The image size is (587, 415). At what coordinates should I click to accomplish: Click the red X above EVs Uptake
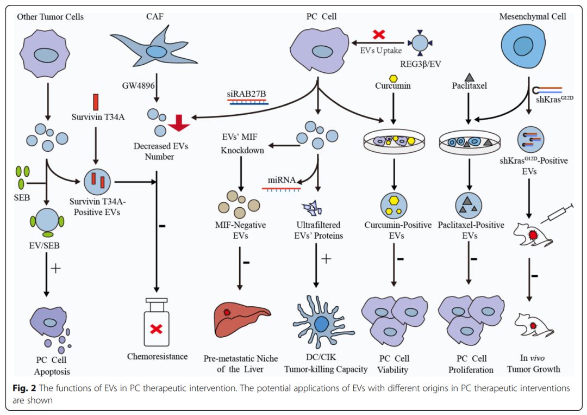click(379, 35)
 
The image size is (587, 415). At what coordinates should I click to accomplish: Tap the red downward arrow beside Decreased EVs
click(179, 123)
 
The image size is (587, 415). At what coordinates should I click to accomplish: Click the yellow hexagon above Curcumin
click(393, 79)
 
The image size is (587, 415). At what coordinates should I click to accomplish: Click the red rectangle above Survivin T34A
click(96, 102)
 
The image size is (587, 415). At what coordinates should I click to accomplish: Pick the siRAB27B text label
click(247, 94)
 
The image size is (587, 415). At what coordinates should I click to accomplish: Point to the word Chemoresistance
click(158, 357)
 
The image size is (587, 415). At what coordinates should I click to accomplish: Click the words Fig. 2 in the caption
click(23, 388)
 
